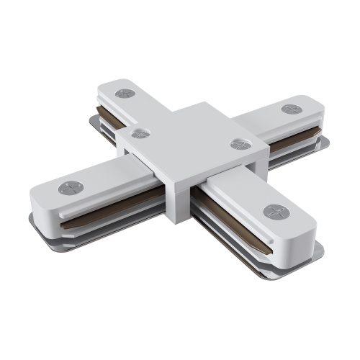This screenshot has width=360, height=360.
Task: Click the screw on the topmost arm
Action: [125, 94]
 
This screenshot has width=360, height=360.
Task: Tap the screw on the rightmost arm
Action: [291, 109]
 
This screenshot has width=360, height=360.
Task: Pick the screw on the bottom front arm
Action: [274, 212]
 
